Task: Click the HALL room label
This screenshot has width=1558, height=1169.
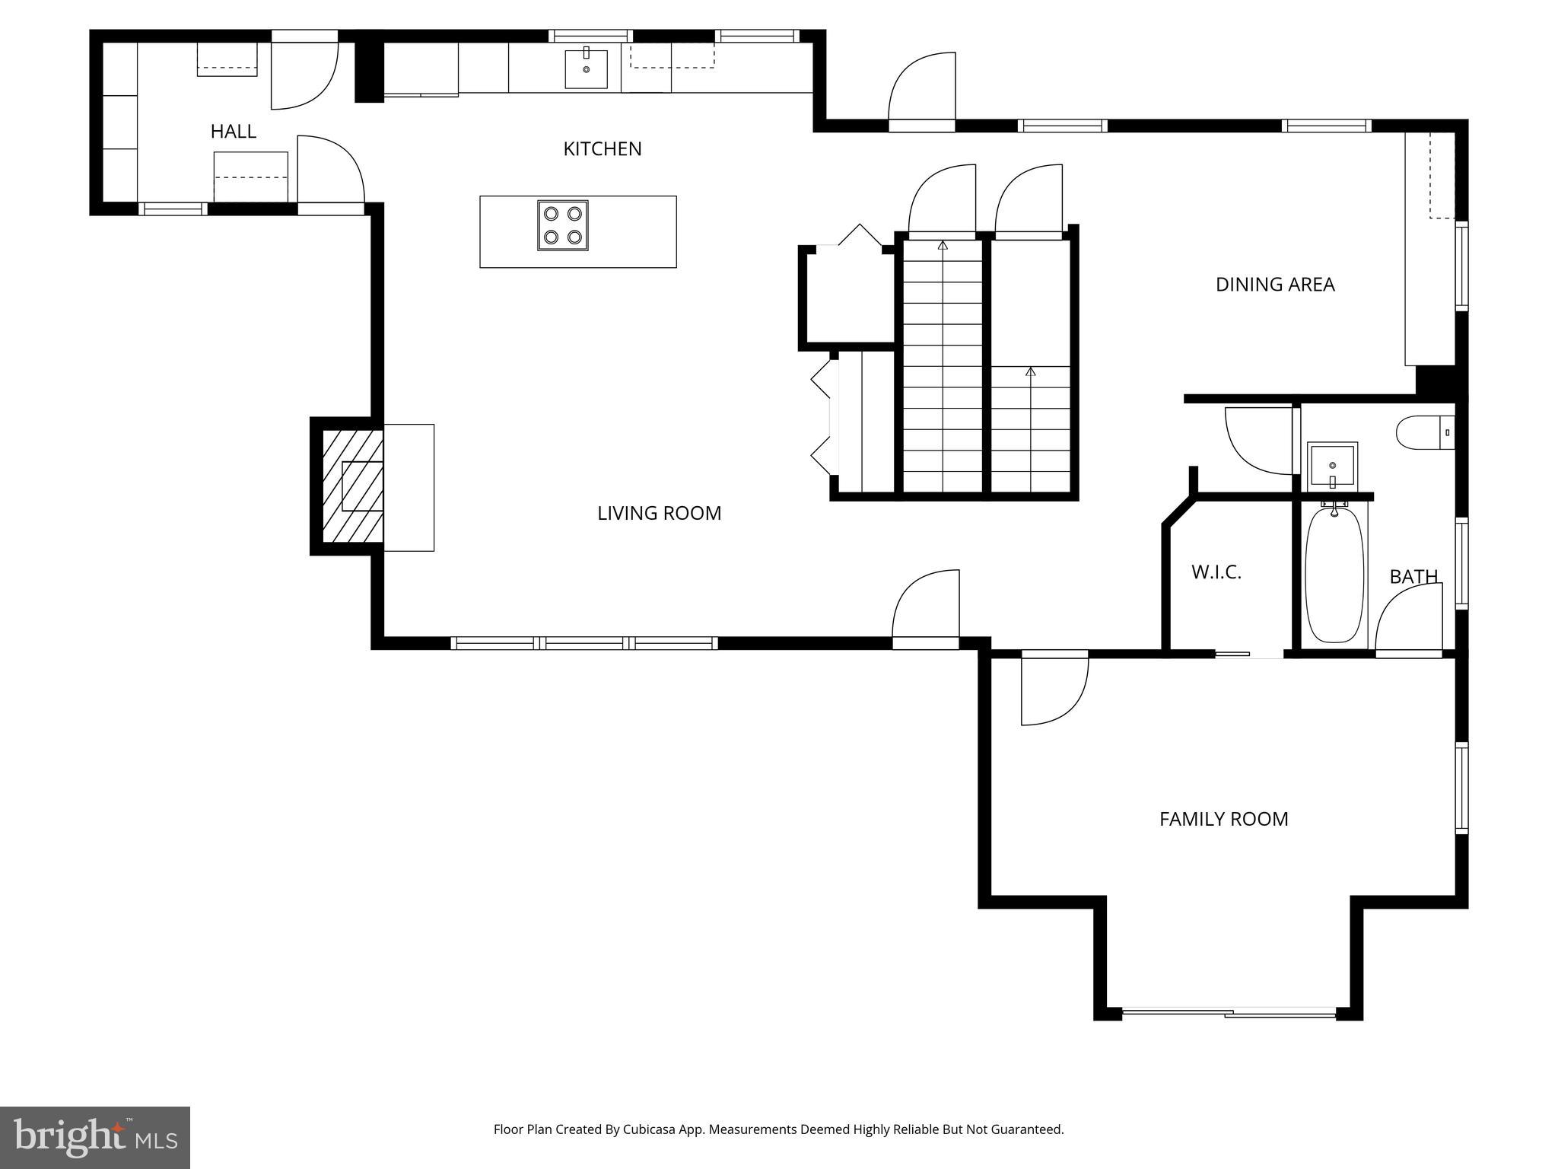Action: (233, 132)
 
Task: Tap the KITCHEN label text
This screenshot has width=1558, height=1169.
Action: (602, 149)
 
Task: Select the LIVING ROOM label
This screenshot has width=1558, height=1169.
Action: (659, 513)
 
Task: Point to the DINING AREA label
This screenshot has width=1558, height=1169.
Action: (1274, 285)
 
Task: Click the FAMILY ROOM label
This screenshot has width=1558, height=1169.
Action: (1223, 819)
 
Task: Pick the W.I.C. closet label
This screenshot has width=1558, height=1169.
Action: (1216, 572)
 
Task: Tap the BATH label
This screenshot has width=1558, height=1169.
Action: (1413, 577)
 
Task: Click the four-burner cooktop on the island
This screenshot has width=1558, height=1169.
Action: (563, 225)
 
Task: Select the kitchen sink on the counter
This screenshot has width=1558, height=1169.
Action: (586, 68)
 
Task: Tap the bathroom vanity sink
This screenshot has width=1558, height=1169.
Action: (1332, 466)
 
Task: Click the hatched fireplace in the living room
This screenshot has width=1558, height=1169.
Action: (352, 486)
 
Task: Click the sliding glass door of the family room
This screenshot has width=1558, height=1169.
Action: (1229, 1012)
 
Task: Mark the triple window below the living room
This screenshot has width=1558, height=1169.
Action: (584, 643)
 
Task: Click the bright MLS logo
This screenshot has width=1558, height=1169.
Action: (94, 1136)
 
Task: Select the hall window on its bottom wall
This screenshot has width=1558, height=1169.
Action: (173, 209)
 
